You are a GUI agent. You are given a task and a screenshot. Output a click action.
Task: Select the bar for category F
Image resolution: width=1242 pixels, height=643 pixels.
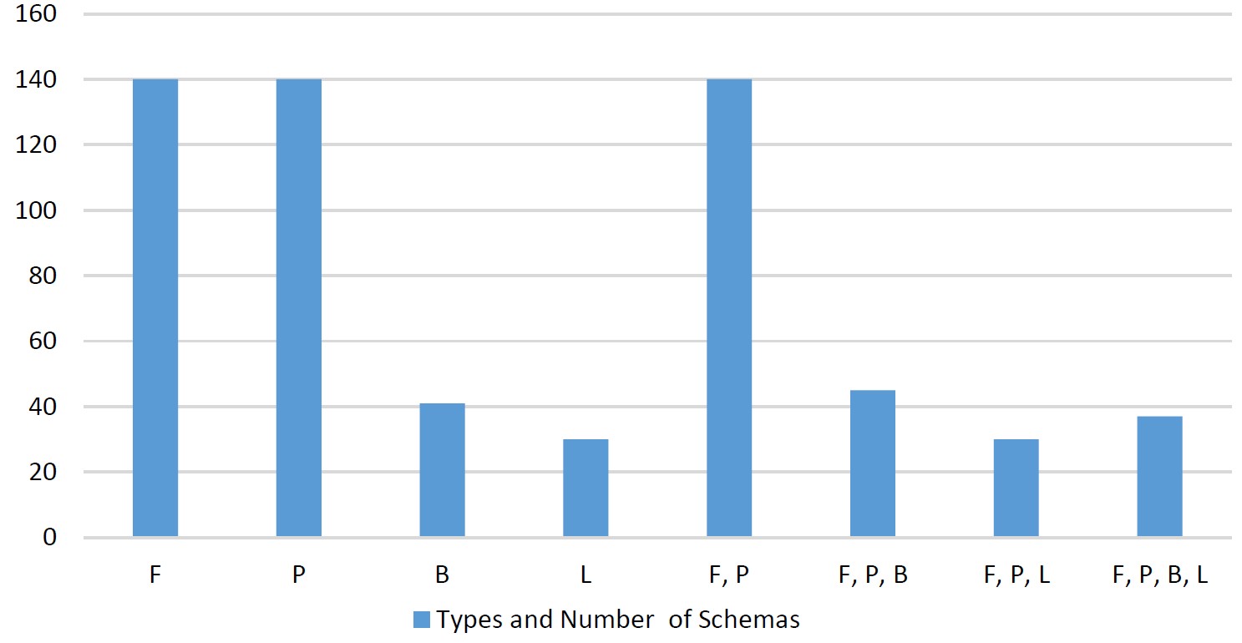pos(155,307)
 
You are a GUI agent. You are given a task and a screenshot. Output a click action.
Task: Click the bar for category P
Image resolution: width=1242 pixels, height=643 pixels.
pos(299,307)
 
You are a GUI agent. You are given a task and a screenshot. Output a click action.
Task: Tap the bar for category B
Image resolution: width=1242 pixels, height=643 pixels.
pos(442,470)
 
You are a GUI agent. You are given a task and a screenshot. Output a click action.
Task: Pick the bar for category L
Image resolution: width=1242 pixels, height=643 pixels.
pos(586,488)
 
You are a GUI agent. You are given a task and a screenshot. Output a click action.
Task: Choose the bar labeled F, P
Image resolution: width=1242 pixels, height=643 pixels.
pos(729,307)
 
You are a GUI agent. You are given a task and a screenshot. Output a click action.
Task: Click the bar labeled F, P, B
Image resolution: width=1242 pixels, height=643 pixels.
pos(873,463)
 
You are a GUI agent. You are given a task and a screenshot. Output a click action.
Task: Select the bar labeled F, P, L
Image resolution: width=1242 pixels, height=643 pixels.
pos(1016,488)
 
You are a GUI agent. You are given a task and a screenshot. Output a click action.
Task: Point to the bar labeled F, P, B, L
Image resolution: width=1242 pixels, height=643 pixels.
pos(1160,477)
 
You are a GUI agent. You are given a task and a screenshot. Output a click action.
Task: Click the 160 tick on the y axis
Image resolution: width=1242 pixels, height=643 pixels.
pos(36,14)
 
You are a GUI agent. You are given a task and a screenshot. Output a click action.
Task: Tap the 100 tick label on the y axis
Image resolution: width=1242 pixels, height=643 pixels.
pos(36,210)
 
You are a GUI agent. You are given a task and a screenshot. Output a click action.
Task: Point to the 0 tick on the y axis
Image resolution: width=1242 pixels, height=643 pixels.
pos(50,537)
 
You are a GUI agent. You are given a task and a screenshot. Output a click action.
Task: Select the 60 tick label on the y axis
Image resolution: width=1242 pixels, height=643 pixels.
pos(43,341)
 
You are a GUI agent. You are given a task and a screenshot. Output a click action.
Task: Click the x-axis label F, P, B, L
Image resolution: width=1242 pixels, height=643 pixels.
pos(1160,575)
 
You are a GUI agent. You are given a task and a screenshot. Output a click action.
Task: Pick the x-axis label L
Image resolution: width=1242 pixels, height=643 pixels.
pos(586,575)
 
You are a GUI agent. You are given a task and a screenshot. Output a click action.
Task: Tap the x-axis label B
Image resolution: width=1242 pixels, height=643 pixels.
pos(442,575)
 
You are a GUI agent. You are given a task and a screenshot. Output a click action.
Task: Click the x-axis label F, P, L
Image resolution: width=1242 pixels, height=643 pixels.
pos(1016,575)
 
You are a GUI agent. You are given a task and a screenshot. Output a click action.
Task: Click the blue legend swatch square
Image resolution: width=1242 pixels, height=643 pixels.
pos(422,620)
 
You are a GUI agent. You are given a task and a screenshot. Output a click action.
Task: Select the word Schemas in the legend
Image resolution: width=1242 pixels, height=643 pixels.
pos(748,620)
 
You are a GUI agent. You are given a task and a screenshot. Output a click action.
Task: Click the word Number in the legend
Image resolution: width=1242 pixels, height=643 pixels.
pos(607,620)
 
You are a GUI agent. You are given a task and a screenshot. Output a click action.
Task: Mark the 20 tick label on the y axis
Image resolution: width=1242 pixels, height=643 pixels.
pos(43,472)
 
